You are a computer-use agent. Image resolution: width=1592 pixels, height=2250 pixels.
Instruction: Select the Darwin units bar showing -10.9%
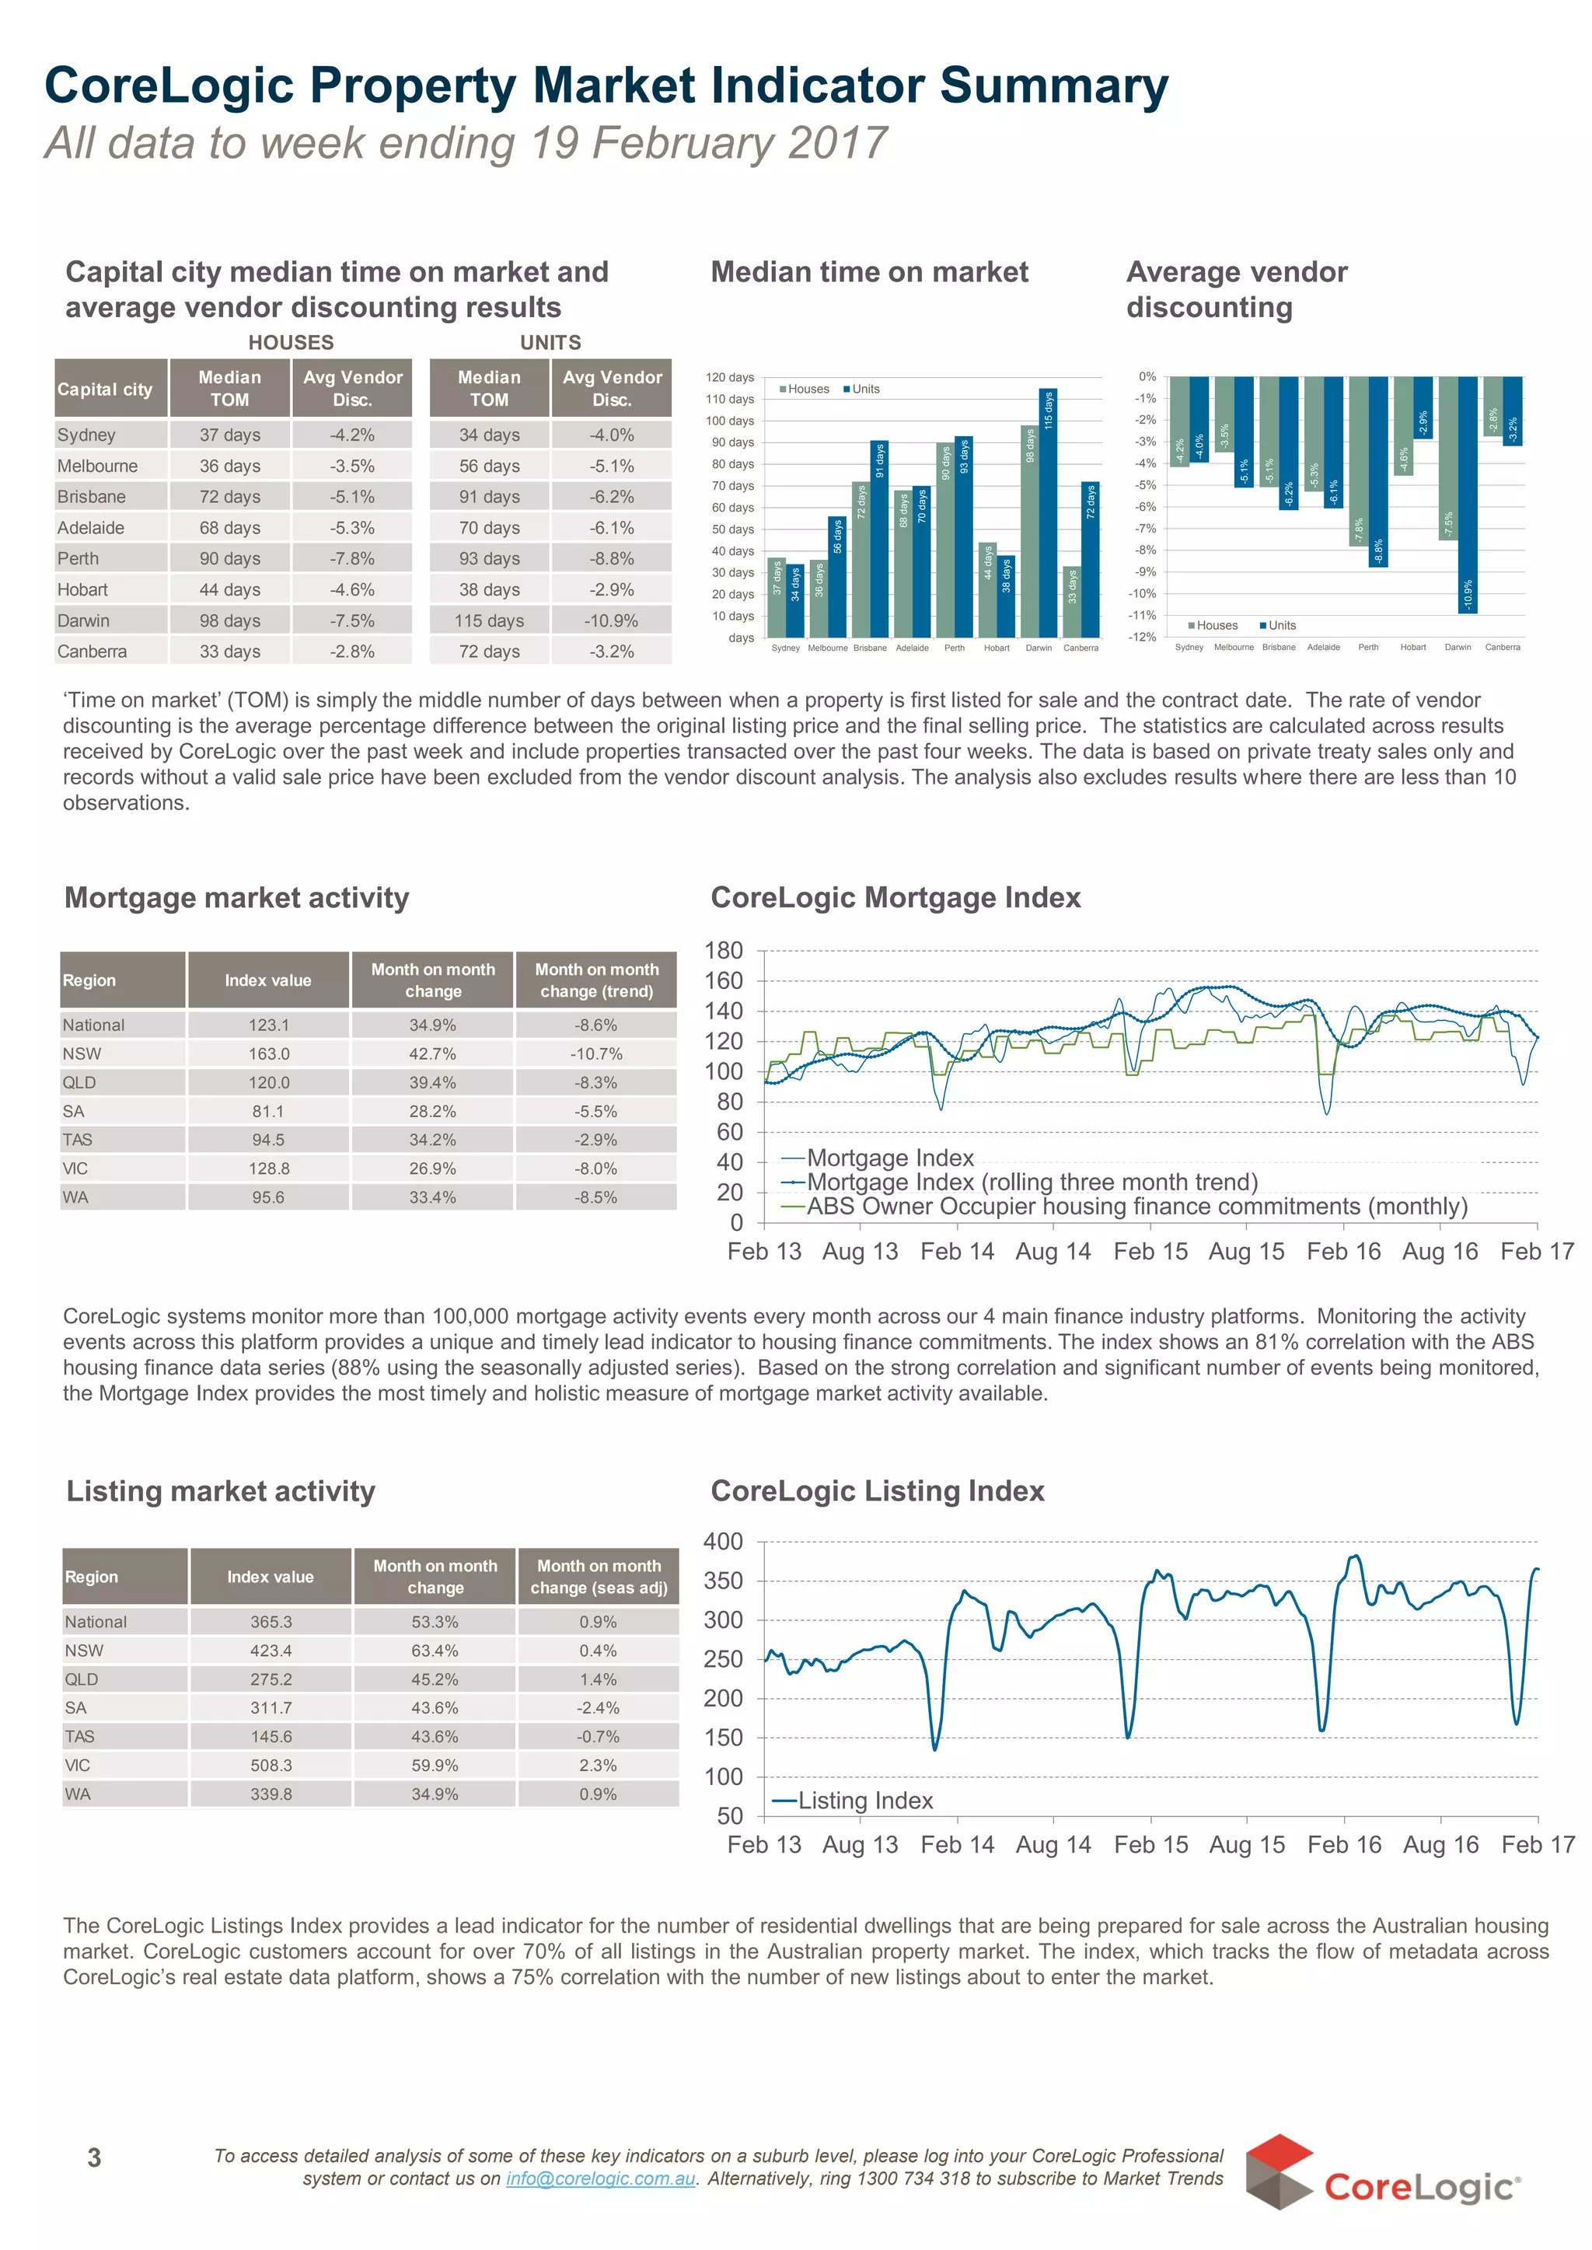pyautogui.click(x=1468, y=495)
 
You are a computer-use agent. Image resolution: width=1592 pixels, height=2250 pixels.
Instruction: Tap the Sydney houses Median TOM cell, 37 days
pyautogui.click(x=229, y=435)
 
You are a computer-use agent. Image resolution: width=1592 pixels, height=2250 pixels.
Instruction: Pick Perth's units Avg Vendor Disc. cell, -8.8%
pyautogui.click(x=612, y=558)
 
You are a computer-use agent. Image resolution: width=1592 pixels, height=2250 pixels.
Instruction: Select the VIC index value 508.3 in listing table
pyautogui.click(x=271, y=1765)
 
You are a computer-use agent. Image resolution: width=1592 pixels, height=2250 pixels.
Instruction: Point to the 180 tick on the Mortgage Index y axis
pyautogui.click(x=724, y=950)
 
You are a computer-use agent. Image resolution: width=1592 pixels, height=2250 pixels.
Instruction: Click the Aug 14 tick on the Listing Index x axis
pyautogui.click(x=1053, y=1844)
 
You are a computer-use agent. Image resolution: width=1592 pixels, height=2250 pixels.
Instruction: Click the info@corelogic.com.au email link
pyautogui.click(x=600, y=2178)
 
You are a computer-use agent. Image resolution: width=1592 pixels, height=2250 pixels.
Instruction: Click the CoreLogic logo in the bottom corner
pyautogui.click(x=1382, y=2172)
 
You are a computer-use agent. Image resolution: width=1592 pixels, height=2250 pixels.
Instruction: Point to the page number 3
pyautogui.click(x=94, y=2157)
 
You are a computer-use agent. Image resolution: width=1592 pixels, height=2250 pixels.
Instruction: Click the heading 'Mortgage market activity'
pyautogui.click(x=236, y=897)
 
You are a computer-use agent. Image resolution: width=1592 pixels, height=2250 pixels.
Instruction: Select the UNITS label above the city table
pyautogui.click(x=550, y=342)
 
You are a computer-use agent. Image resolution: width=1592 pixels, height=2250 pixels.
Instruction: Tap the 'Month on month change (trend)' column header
pyautogui.click(x=596, y=980)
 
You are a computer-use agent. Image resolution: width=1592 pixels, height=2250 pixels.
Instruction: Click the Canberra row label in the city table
pyautogui.click(x=93, y=651)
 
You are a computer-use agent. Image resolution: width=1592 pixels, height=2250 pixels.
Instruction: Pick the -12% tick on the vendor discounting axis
pyautogui.click(x=1142, y=638)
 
